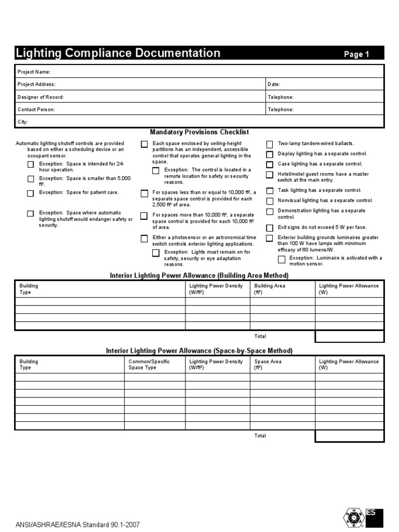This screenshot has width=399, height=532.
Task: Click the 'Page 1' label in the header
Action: [x=356, y=55]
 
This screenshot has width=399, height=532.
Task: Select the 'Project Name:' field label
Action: [x=34, y=72]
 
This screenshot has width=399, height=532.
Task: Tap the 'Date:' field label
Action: [x=274, y=84]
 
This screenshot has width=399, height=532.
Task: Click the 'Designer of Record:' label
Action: [x=41, y=97]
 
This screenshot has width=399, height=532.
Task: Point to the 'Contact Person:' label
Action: [x=36, y=110]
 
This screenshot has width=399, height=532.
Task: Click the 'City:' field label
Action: [x=23, y=122]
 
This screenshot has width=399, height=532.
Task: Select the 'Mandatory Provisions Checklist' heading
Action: [x=199, y=133]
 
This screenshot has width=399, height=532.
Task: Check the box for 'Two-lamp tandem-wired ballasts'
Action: [x=270, y=144]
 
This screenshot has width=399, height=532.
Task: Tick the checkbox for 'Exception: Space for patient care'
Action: [x=31, y=193]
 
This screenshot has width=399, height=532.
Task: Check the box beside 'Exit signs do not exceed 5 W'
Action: [x=270, y=228]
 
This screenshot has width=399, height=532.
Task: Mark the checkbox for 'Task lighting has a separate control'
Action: [x=270, y=191]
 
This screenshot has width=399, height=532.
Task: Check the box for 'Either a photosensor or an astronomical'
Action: [x=144, y=238]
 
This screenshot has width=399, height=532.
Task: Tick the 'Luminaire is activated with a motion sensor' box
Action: [x=281, y=259]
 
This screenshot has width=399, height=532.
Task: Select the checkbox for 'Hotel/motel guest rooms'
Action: [x=270, y=175]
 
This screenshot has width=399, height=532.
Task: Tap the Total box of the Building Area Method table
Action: [x=349, y=337]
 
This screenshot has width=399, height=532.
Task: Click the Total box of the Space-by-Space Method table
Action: [x=349, y=436]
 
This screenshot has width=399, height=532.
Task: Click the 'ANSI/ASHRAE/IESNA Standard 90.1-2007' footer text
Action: [x=78, y=525]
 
